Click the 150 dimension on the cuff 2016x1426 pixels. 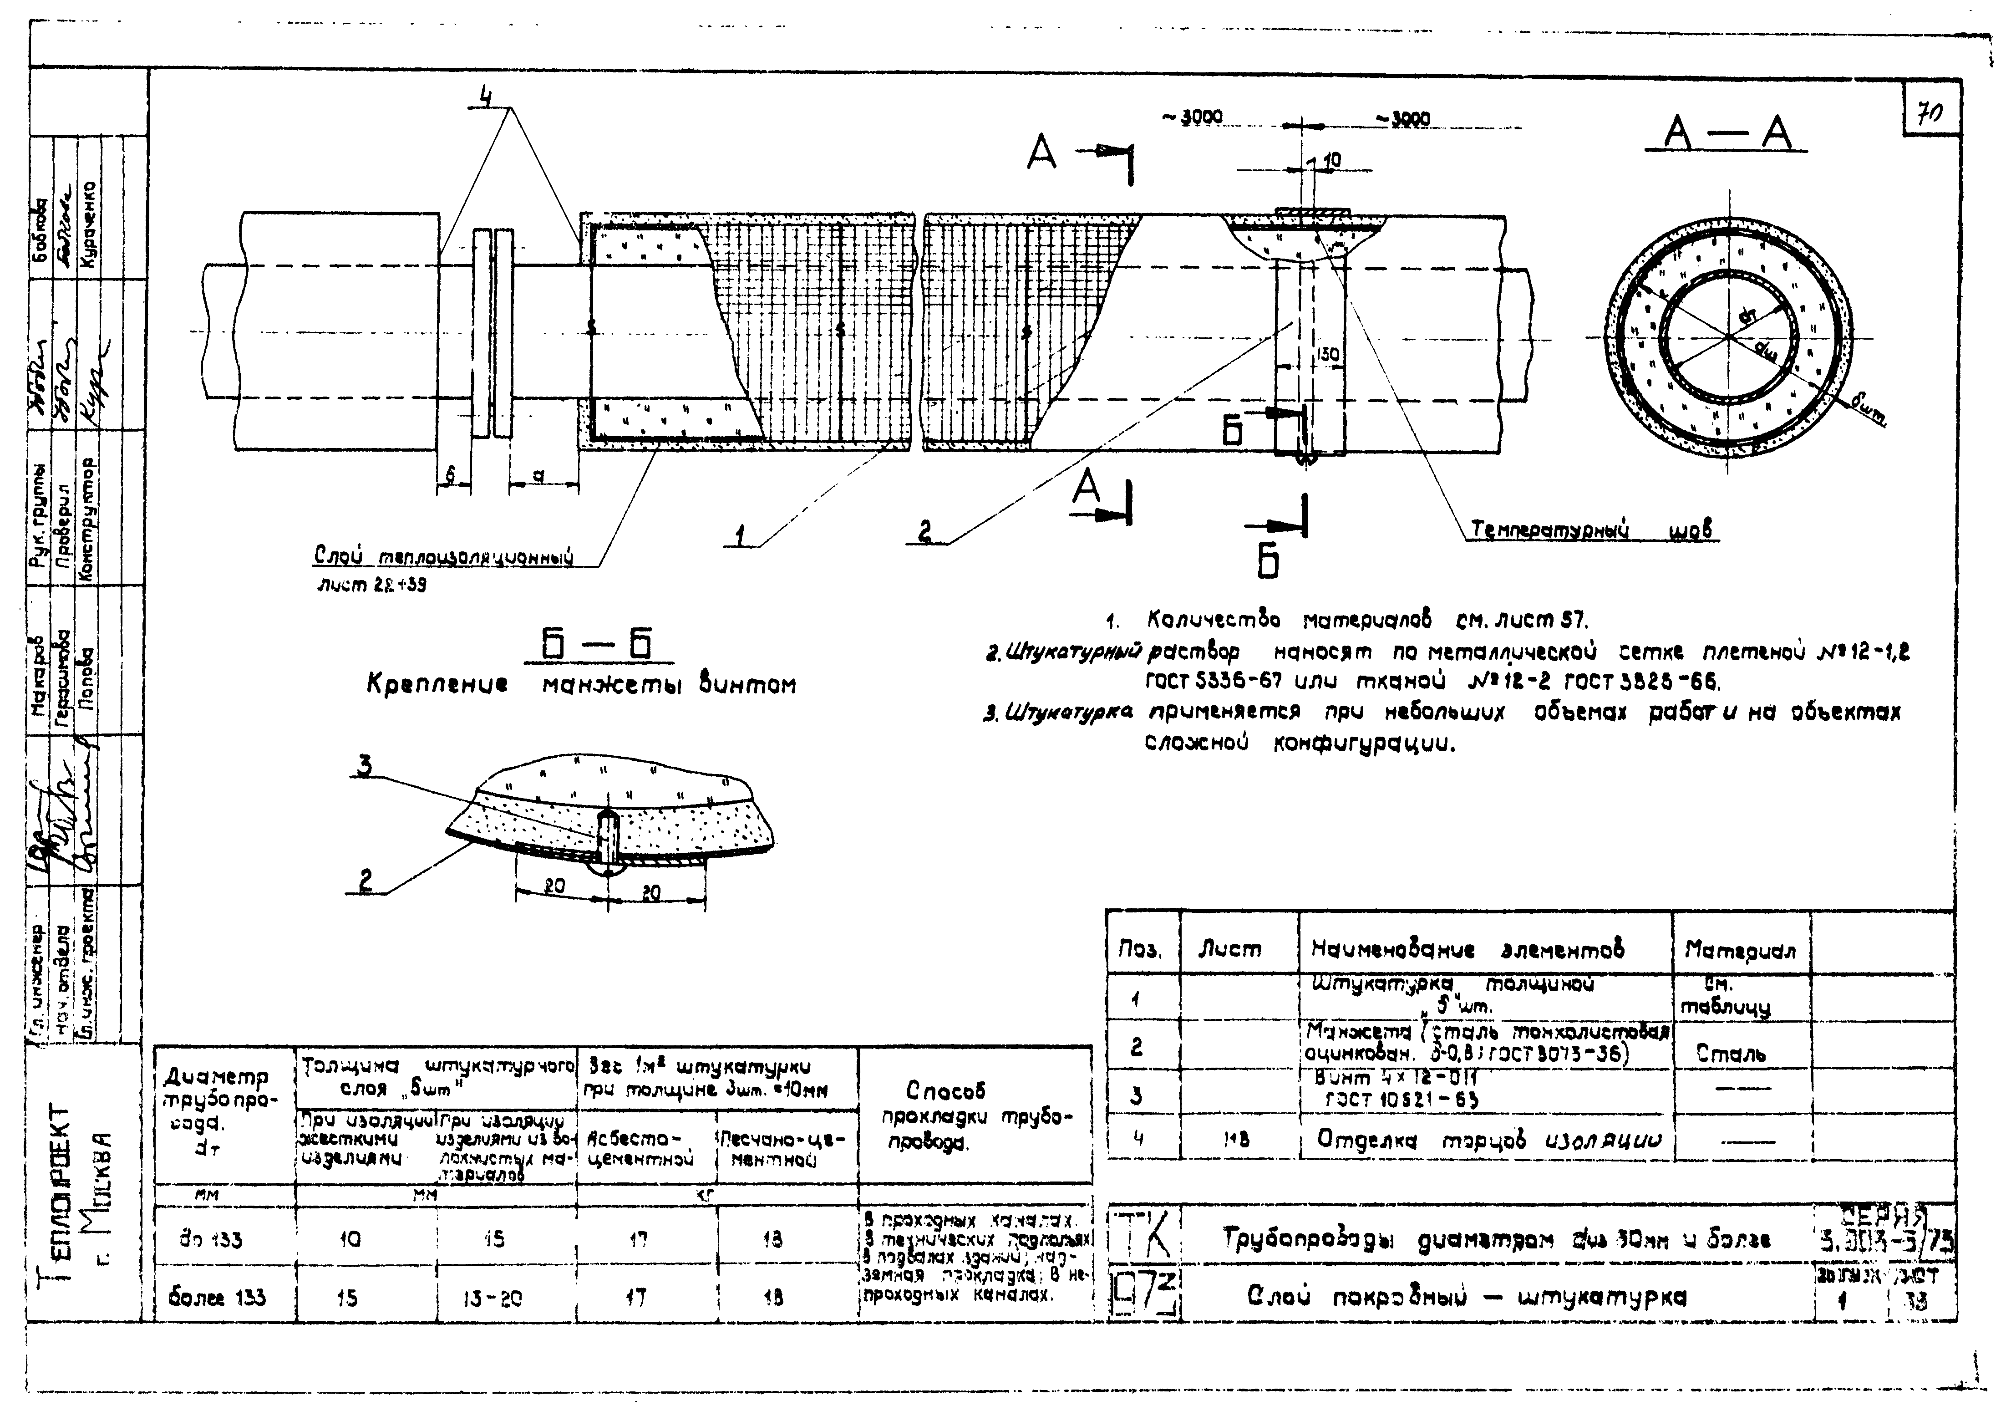click(1328, 355)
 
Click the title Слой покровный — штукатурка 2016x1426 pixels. click(1466, 1296)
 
